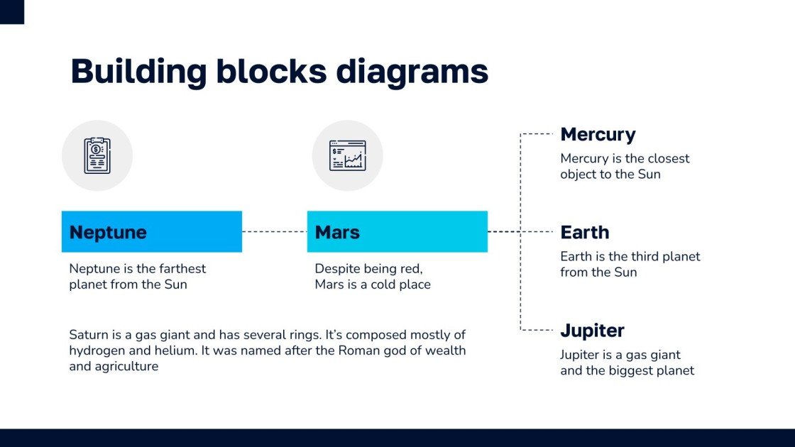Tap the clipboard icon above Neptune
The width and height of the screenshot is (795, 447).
[x=97, y=155]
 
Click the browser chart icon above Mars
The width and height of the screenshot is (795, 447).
[x=347, y=155]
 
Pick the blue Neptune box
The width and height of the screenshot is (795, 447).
[x=151, y=231]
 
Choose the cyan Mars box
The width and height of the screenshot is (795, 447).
[x=397, y=231]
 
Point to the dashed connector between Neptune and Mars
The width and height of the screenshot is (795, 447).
[x=274, y=231]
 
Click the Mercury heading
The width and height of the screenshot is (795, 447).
[x=598, y=134]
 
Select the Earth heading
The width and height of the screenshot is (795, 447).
[x=585, y=232]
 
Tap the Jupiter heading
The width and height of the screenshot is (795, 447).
[x=592, y=330]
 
